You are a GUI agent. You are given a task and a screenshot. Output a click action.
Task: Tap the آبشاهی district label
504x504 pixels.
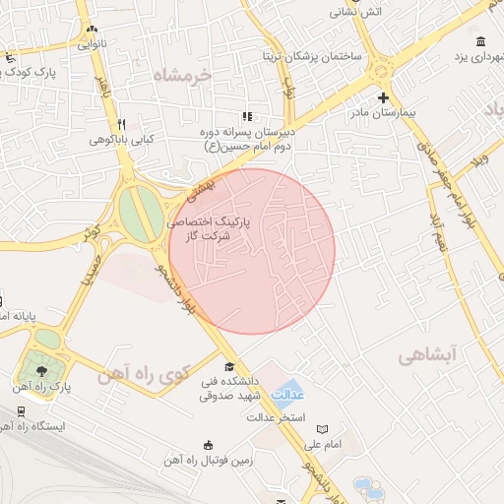(x=431, y=355)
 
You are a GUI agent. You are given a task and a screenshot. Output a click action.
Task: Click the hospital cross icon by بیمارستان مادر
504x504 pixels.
(x=383, y=97)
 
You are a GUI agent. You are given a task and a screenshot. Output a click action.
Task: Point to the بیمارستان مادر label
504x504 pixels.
(x=383, y=113)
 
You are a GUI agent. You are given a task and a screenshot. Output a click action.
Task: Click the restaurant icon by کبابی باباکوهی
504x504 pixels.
(x=121, y=124)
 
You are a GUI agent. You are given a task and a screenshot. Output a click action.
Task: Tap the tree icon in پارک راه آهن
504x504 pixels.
(x=42, y=371)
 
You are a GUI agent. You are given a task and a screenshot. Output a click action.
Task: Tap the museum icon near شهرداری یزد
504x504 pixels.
(x=480, y=41)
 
